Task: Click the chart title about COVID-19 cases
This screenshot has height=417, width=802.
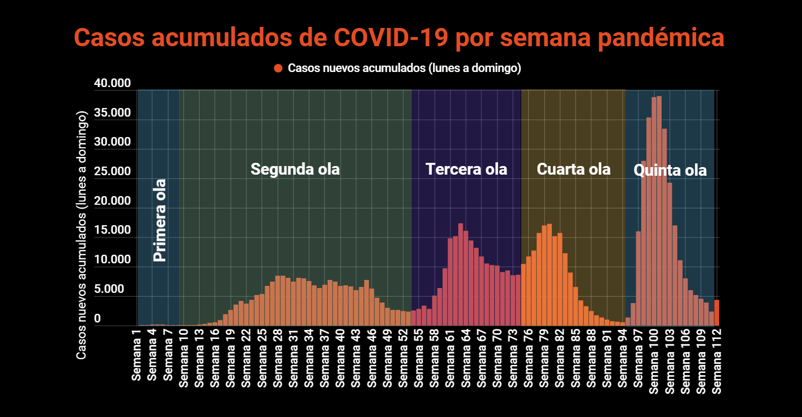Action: [x=399, y=39]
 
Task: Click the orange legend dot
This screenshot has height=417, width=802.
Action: [x=278, y=68]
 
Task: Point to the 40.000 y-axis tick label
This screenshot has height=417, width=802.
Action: [x=112, y=84]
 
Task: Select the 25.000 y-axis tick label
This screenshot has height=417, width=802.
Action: [x=112, y=172]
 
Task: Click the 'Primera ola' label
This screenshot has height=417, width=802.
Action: [x=160, y=220]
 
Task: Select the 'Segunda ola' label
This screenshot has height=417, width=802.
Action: [x=295, y=169]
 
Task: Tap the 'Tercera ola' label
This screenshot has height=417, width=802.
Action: [x=466, y=169]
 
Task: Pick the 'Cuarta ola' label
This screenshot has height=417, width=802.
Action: [x=573, y=169]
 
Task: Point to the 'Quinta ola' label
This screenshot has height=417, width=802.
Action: [x=670, y=171]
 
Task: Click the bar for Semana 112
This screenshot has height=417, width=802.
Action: [x=716, y=313]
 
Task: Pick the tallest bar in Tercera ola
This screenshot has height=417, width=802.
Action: [x=460, y=274]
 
